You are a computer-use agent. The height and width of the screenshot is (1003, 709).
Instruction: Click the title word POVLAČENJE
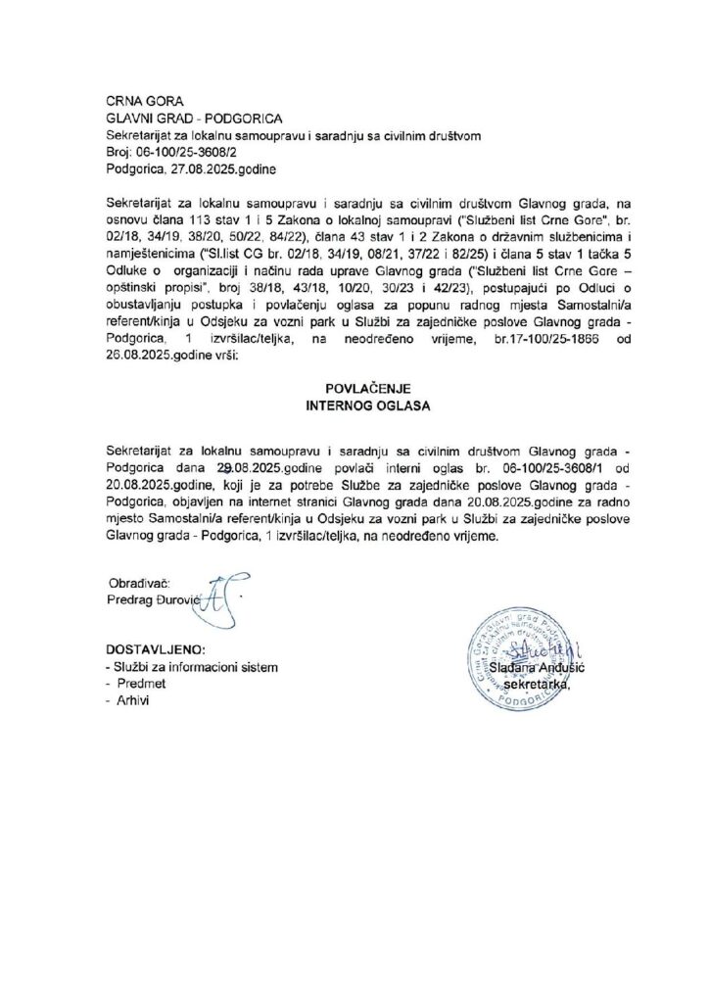click(354, 387)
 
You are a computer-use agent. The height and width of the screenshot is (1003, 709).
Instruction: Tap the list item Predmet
click(141, 684)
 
